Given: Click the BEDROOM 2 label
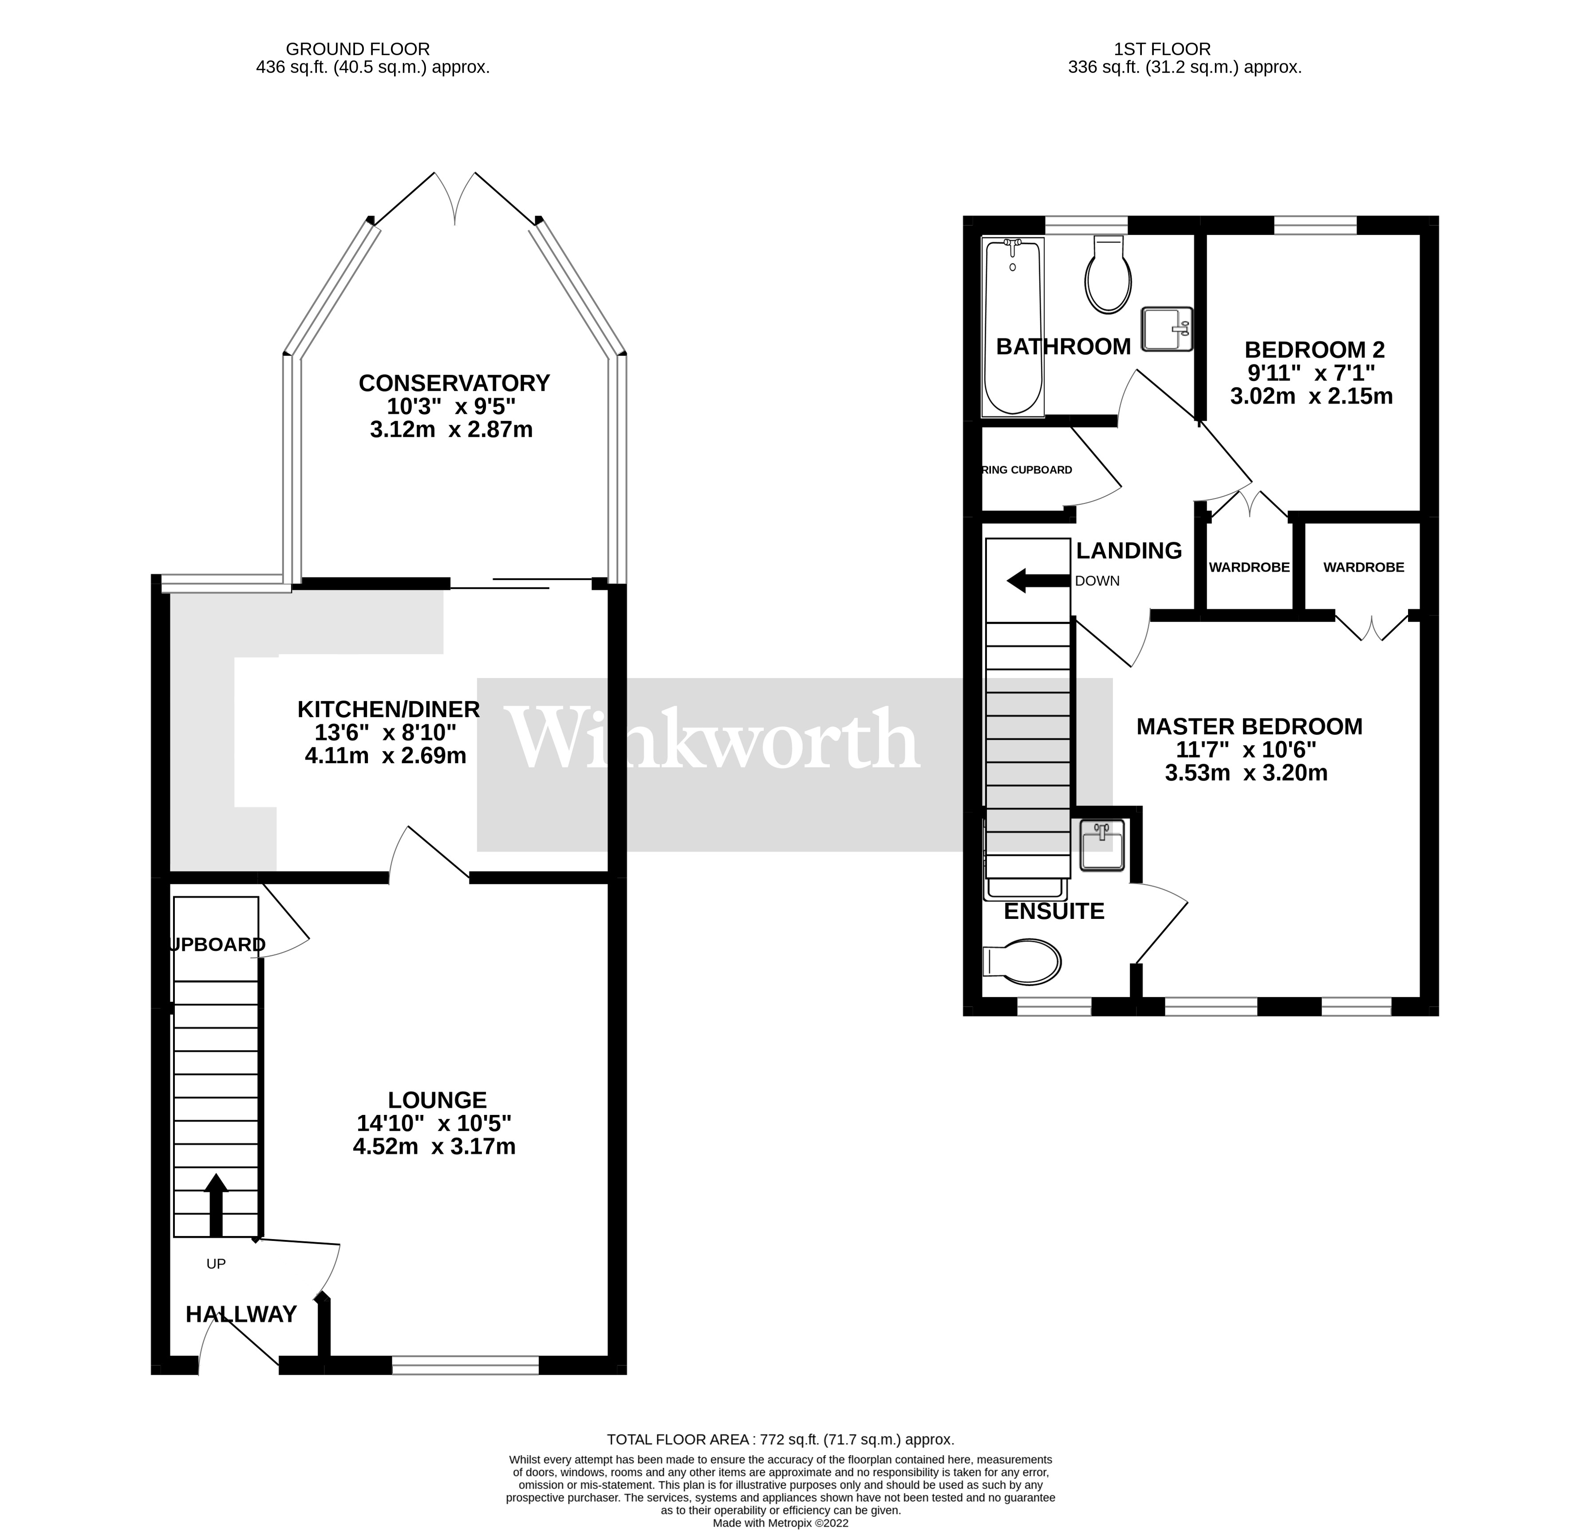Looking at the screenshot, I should [x=1314, y=350].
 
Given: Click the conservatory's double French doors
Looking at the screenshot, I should [x=455, y=199].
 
